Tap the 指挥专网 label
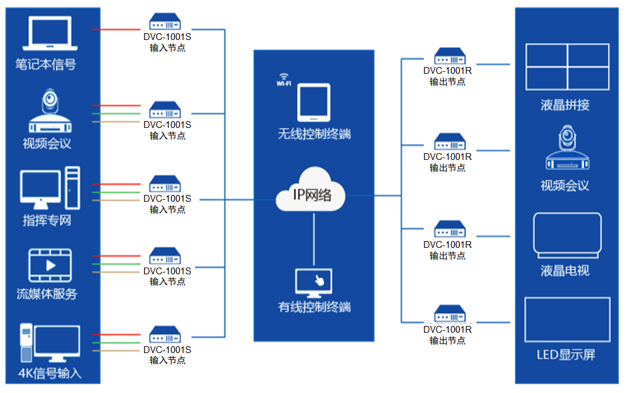47,220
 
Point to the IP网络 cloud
311,192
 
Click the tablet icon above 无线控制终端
313,102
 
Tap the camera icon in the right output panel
567,149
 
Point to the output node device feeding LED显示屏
449,314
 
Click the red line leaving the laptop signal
117,30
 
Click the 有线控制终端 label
314,306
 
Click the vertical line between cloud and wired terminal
314,237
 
